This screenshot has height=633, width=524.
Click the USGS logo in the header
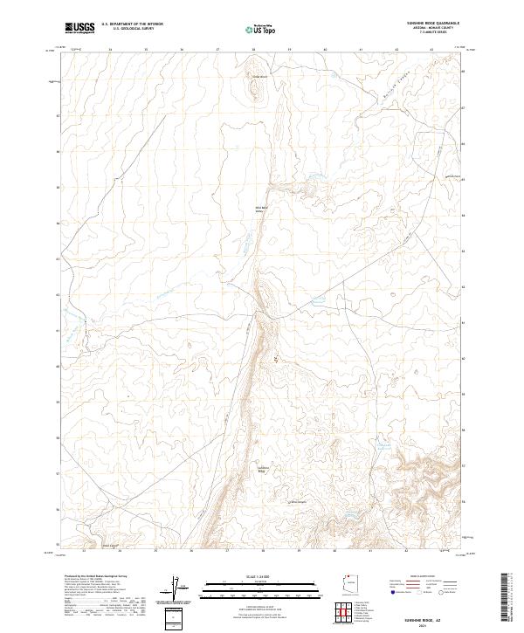[x=79, y=28]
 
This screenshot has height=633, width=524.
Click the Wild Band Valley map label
[x=259, y=209]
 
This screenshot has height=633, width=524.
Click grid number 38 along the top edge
[x=253, y=51]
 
